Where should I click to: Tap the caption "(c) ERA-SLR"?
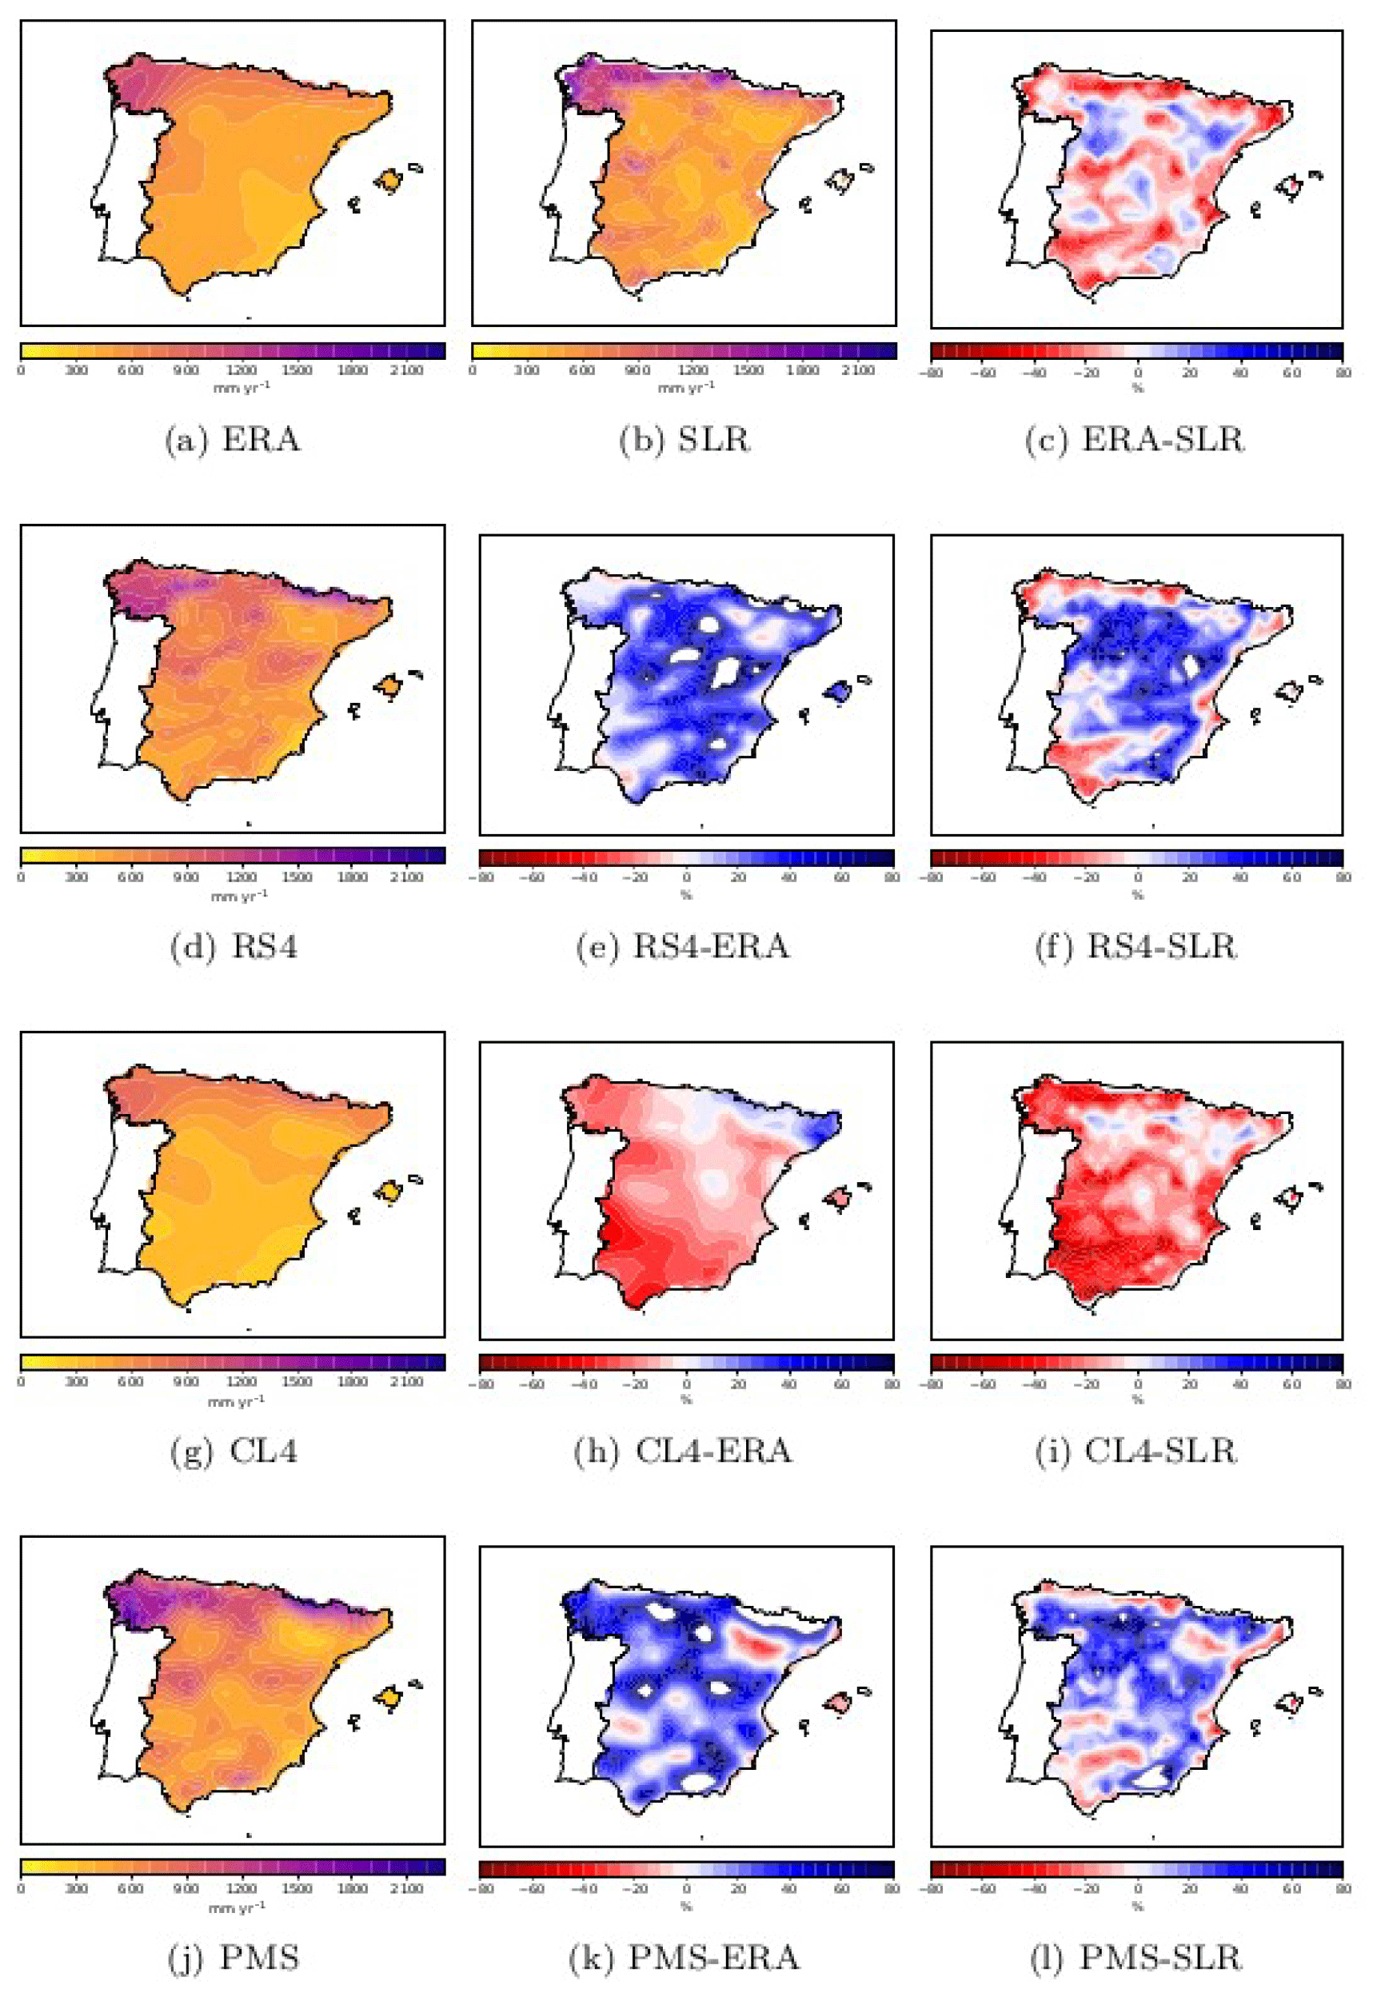coord(1136,440)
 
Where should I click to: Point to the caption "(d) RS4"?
coord(233,947)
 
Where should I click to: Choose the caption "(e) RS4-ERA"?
coord(684,947)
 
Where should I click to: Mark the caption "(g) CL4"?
coord(233,1451)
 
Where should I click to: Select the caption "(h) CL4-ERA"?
coord(684,1451)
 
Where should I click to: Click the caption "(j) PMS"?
coord(233,1957)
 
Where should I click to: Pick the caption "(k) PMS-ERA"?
coord(684,1957)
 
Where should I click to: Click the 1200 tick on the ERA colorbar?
coord(241,370)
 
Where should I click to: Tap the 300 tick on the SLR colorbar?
coord(527,370)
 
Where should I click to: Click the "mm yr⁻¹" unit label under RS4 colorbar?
coord(240,896)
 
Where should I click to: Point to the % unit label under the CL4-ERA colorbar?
coord(686,1399)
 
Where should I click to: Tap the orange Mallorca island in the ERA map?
coord(389,181)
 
